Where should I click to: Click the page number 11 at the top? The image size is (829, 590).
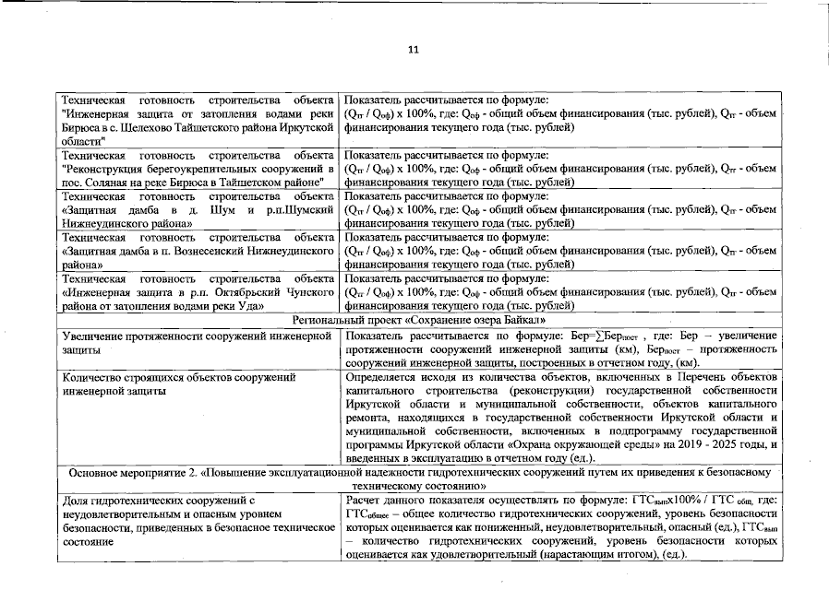pos(414,49)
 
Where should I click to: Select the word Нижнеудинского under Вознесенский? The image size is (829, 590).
pos(281,251)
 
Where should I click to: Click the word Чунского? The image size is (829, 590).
pos(306,291)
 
